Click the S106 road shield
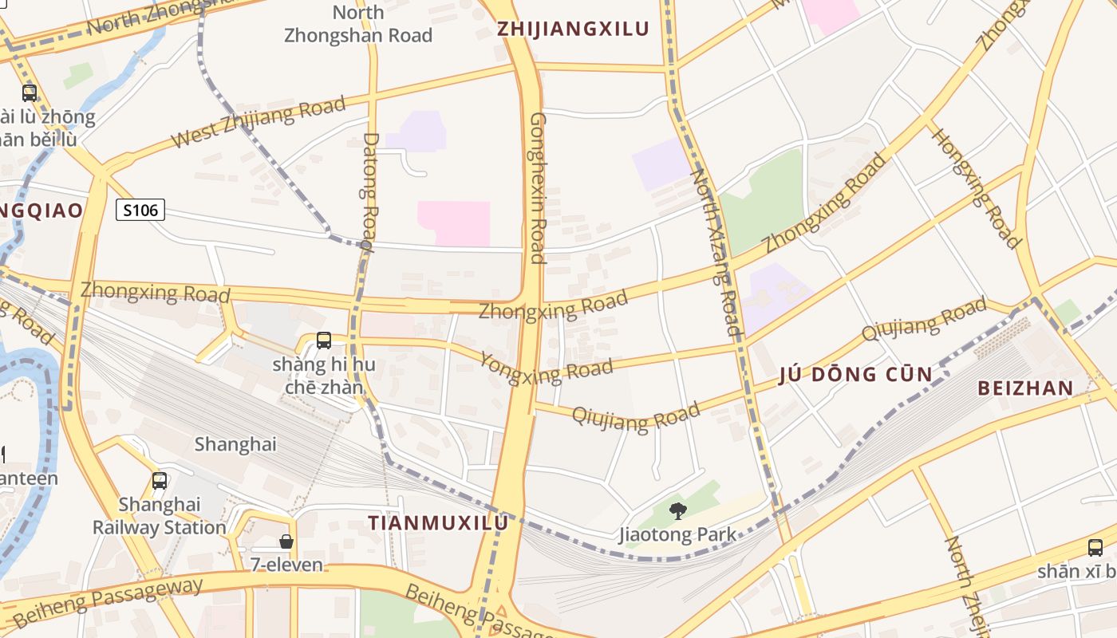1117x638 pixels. click(140, 211)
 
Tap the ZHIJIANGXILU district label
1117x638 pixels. click(573, 29)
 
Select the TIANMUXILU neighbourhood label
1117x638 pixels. click(437, 522)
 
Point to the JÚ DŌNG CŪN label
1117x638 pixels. click(855, 374)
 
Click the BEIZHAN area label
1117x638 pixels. click(1025, 388)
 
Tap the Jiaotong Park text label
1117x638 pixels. click(677, 534)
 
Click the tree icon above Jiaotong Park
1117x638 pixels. click(678, 511)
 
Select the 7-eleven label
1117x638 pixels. click(286, 565)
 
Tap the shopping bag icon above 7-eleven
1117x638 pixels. click(286, 542)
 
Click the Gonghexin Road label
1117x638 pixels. click(538, 187)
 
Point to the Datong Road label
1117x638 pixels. click(370, 191)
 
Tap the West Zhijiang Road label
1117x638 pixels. click(259, 122)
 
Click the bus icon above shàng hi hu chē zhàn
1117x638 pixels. click(324, 341)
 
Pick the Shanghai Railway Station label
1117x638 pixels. click(160, 516)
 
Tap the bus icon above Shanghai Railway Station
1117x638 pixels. click(160, 481)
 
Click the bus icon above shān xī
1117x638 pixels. click(1095, 548)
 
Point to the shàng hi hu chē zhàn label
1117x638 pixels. click(324, 376)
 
